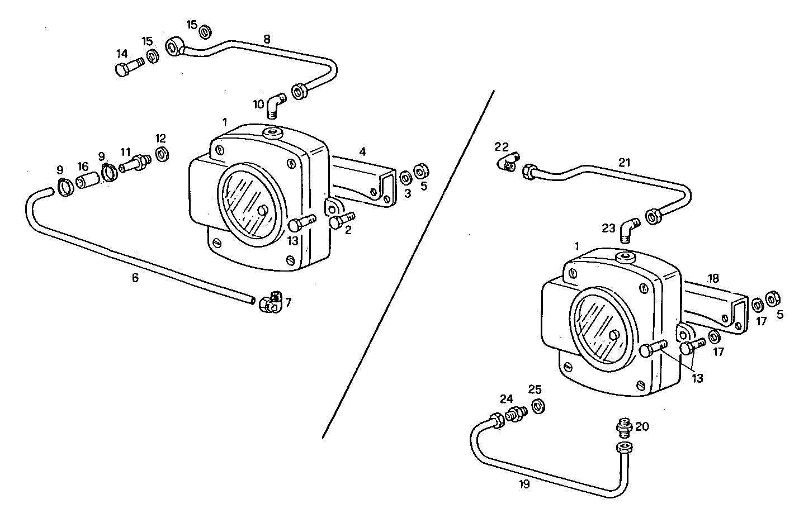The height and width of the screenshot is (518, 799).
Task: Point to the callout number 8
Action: point(267,39)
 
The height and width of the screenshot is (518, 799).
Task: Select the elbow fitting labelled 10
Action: point(275,104)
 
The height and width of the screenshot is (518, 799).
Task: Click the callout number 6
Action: point(135,277)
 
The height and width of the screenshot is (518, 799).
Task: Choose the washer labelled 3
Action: point(406,178)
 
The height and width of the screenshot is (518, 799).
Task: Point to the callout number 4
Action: point(362,151)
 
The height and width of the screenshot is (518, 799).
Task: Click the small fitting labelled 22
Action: point(508,163)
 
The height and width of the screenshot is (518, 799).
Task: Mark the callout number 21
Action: point(624,163)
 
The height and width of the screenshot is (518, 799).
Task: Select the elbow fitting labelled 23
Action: point(630,229)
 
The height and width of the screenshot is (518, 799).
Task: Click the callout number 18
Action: point(713,278)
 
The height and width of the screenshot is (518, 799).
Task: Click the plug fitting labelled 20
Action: point(623,428)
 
